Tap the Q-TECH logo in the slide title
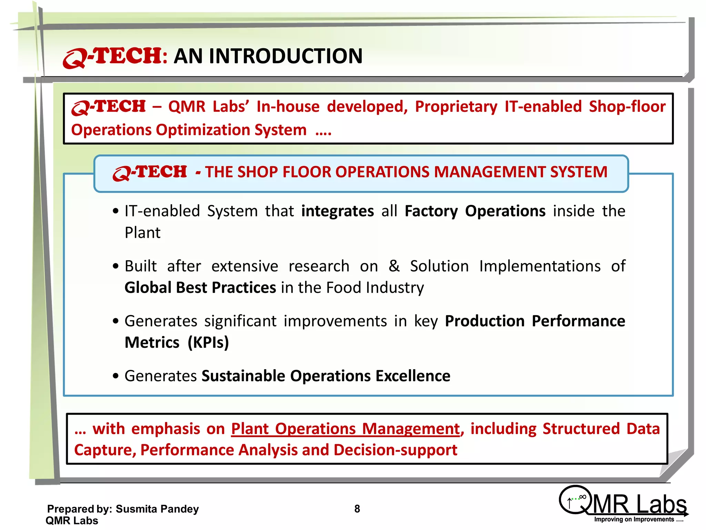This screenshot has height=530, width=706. pyautogui.click(x=112, y=57)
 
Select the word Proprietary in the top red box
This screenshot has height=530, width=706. pyautogui.click(x=456, y=107)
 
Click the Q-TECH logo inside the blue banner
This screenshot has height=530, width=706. pyautogui.click(x=150, y=173)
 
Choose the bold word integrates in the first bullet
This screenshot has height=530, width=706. pyautogui.click(x=337, y=211)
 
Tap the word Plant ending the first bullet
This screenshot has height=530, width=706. pyautogui.click(x=142, y=233)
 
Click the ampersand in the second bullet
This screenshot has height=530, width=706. pyautogui.click(x=394, y=266)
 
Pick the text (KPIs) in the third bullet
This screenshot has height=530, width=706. pyautogui.click(x=208, y=343)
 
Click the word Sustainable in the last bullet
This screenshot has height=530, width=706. pyautogui.click(x=243, y=376)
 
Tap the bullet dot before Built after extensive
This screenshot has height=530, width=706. pyautogui.click(x=116, y=266)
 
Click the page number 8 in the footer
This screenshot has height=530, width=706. pyautogui.click(x=357, y=509)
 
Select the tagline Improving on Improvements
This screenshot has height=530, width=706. pyautogui.click(x=638, y=520)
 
